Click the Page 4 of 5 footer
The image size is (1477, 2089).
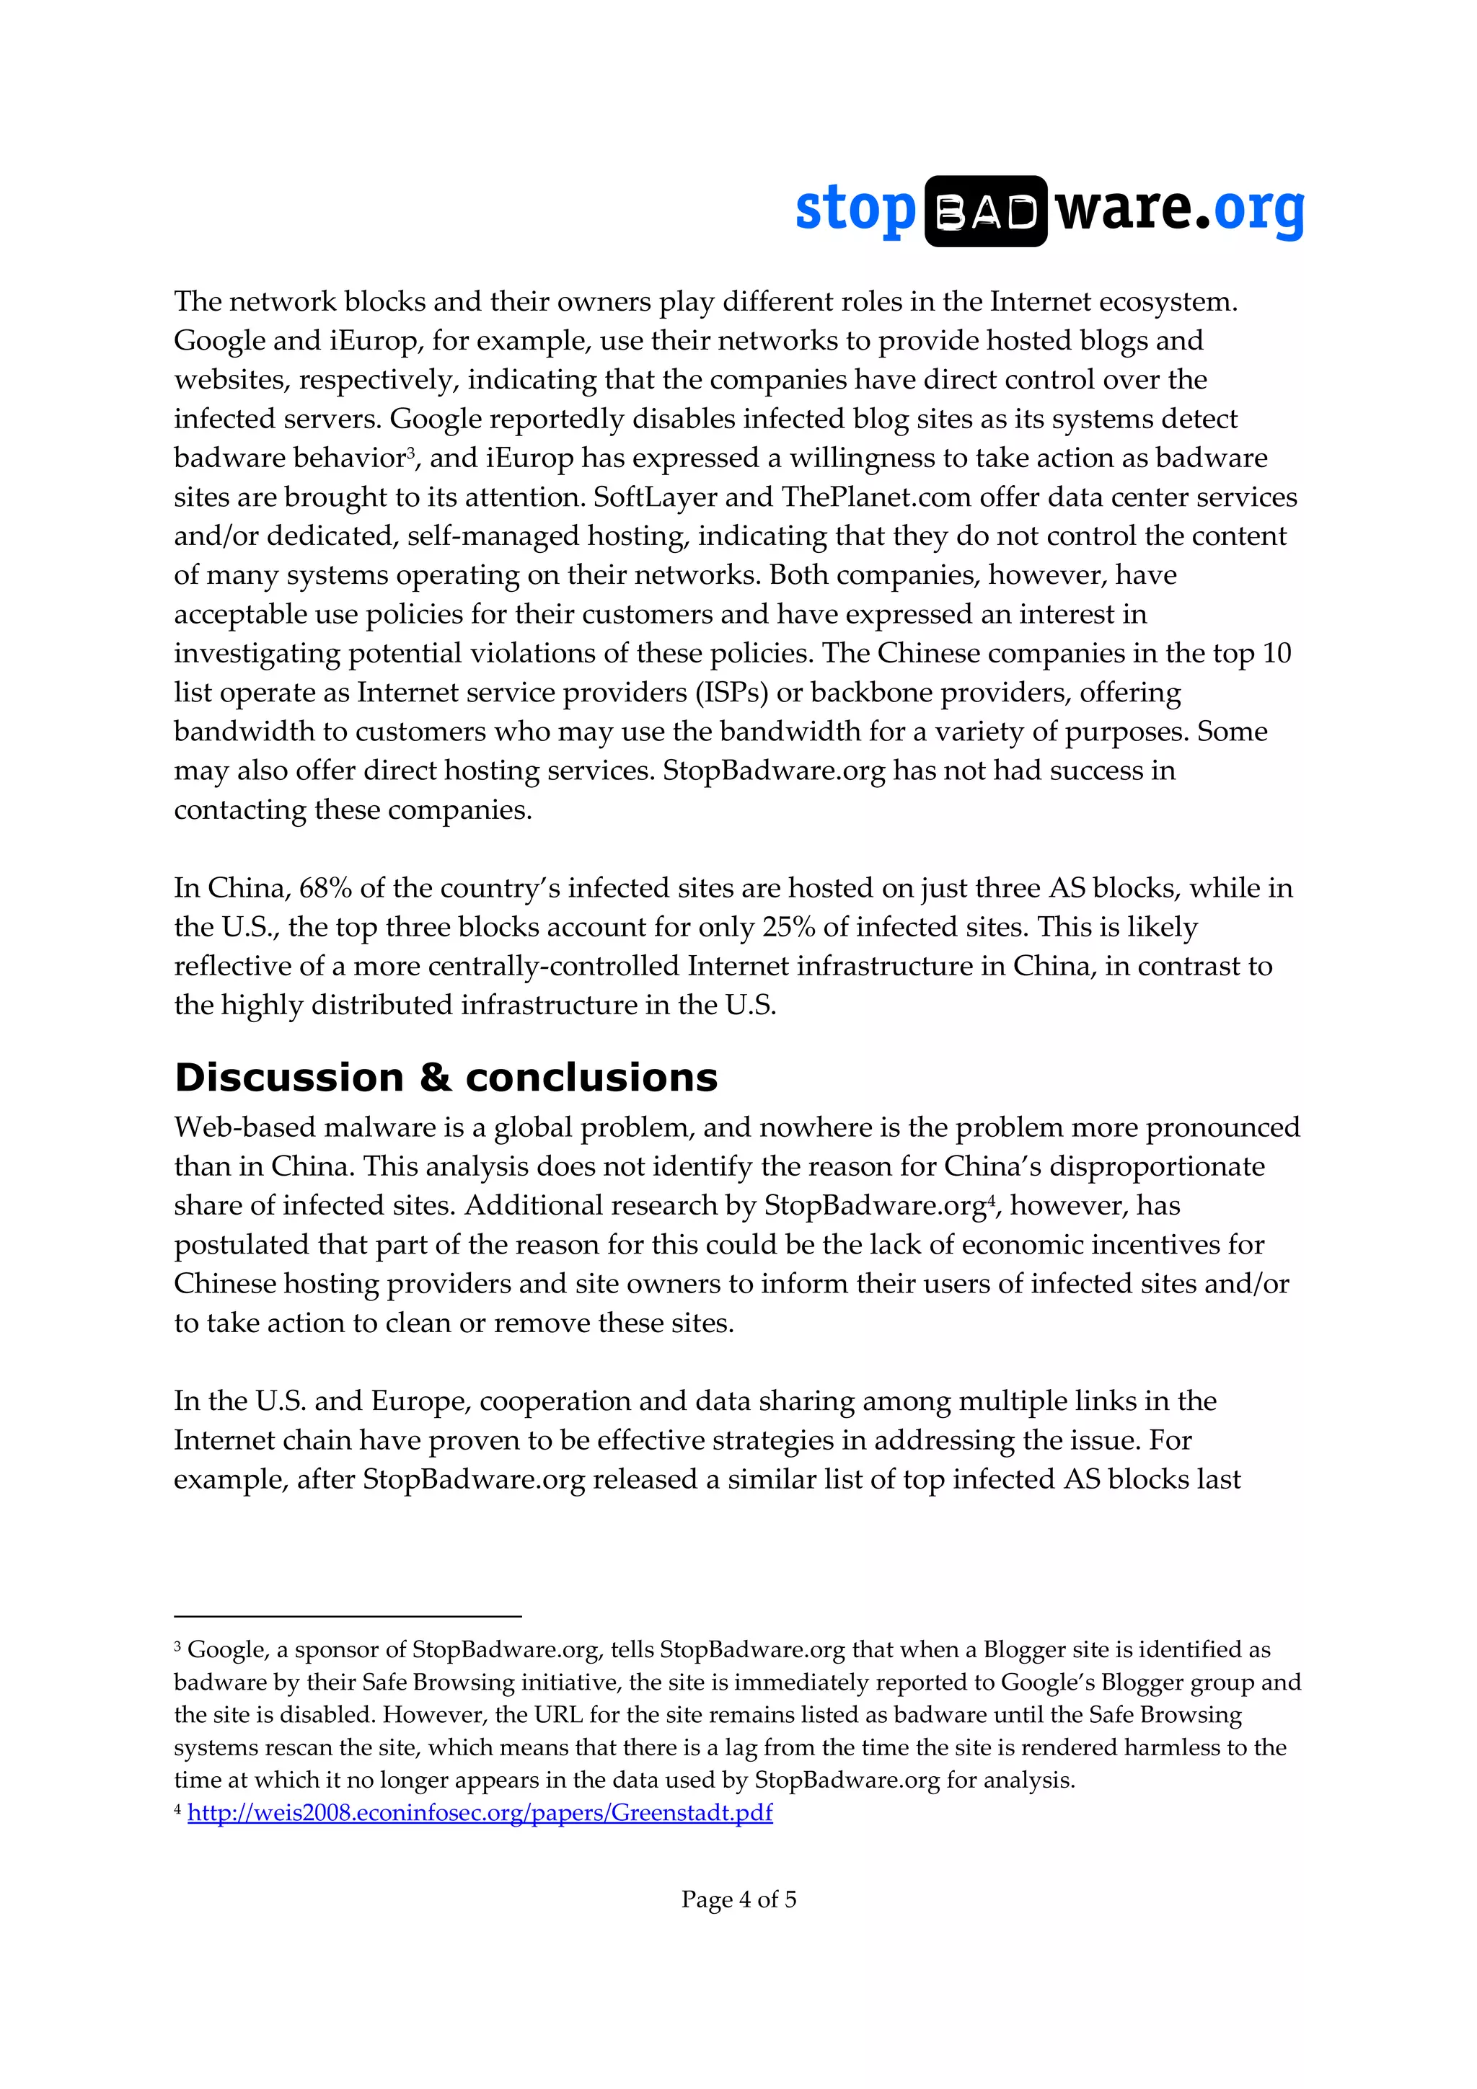click(738, 1899)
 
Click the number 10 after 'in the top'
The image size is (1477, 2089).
click(1276, 653)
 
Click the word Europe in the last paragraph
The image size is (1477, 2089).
click(420, 1401)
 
